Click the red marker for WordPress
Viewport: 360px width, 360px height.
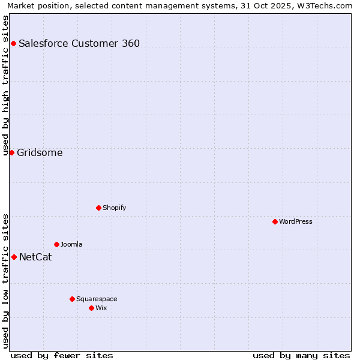(275, 221)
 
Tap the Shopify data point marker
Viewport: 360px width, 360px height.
(98, 208)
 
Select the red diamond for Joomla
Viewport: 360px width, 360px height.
(56, 244)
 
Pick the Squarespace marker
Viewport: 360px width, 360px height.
(72, 299)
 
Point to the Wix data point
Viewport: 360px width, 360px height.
(91, 308)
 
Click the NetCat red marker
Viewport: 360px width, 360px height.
(14, 257)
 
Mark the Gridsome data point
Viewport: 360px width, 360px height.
(11, 152)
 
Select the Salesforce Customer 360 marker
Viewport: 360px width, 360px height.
(13, 43)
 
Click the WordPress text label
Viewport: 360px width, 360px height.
(296, 221)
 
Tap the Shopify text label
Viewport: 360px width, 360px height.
(115, 208)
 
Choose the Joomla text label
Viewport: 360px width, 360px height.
(71, 244)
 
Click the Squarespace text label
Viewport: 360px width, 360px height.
(97, 299)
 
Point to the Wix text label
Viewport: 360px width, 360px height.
(101, 308)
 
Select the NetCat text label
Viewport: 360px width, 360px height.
(35, 257)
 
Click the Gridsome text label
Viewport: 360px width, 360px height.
(40, 152)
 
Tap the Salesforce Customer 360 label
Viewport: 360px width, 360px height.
(79, 43)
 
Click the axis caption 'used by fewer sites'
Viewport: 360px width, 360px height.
(62, 355)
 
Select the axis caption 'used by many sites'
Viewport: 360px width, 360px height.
(301, 355)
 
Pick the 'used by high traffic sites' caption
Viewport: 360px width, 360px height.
(6, 85)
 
